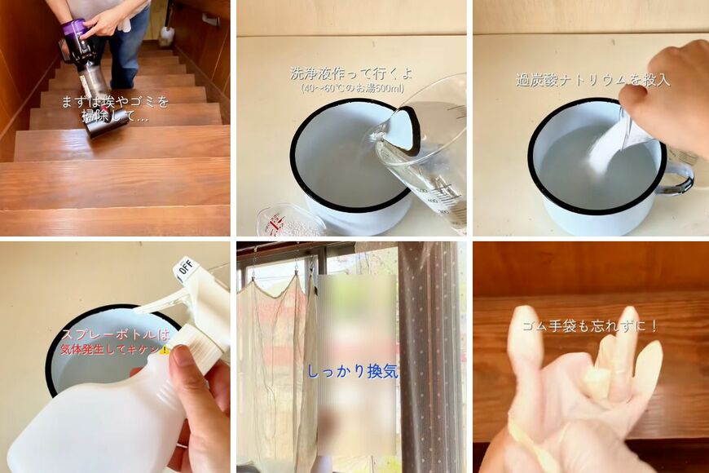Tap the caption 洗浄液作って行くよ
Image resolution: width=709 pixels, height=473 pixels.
coord(351,73)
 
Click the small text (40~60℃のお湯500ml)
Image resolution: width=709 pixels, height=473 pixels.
coord(352,88)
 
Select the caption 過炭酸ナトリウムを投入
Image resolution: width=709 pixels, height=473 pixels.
coord(592,80)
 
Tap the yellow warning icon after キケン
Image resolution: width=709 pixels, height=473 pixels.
coord(165,349)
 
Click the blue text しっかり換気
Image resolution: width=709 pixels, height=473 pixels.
coord(353,372)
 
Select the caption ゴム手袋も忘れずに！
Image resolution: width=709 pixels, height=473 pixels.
coord(591,326)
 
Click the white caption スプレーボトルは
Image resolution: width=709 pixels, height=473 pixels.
coord(115,335)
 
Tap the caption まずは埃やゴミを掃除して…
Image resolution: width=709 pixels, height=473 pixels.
coord(115,109)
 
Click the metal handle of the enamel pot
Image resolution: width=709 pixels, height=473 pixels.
coord(678,178)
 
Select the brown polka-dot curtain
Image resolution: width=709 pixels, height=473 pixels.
coord(429,357)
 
